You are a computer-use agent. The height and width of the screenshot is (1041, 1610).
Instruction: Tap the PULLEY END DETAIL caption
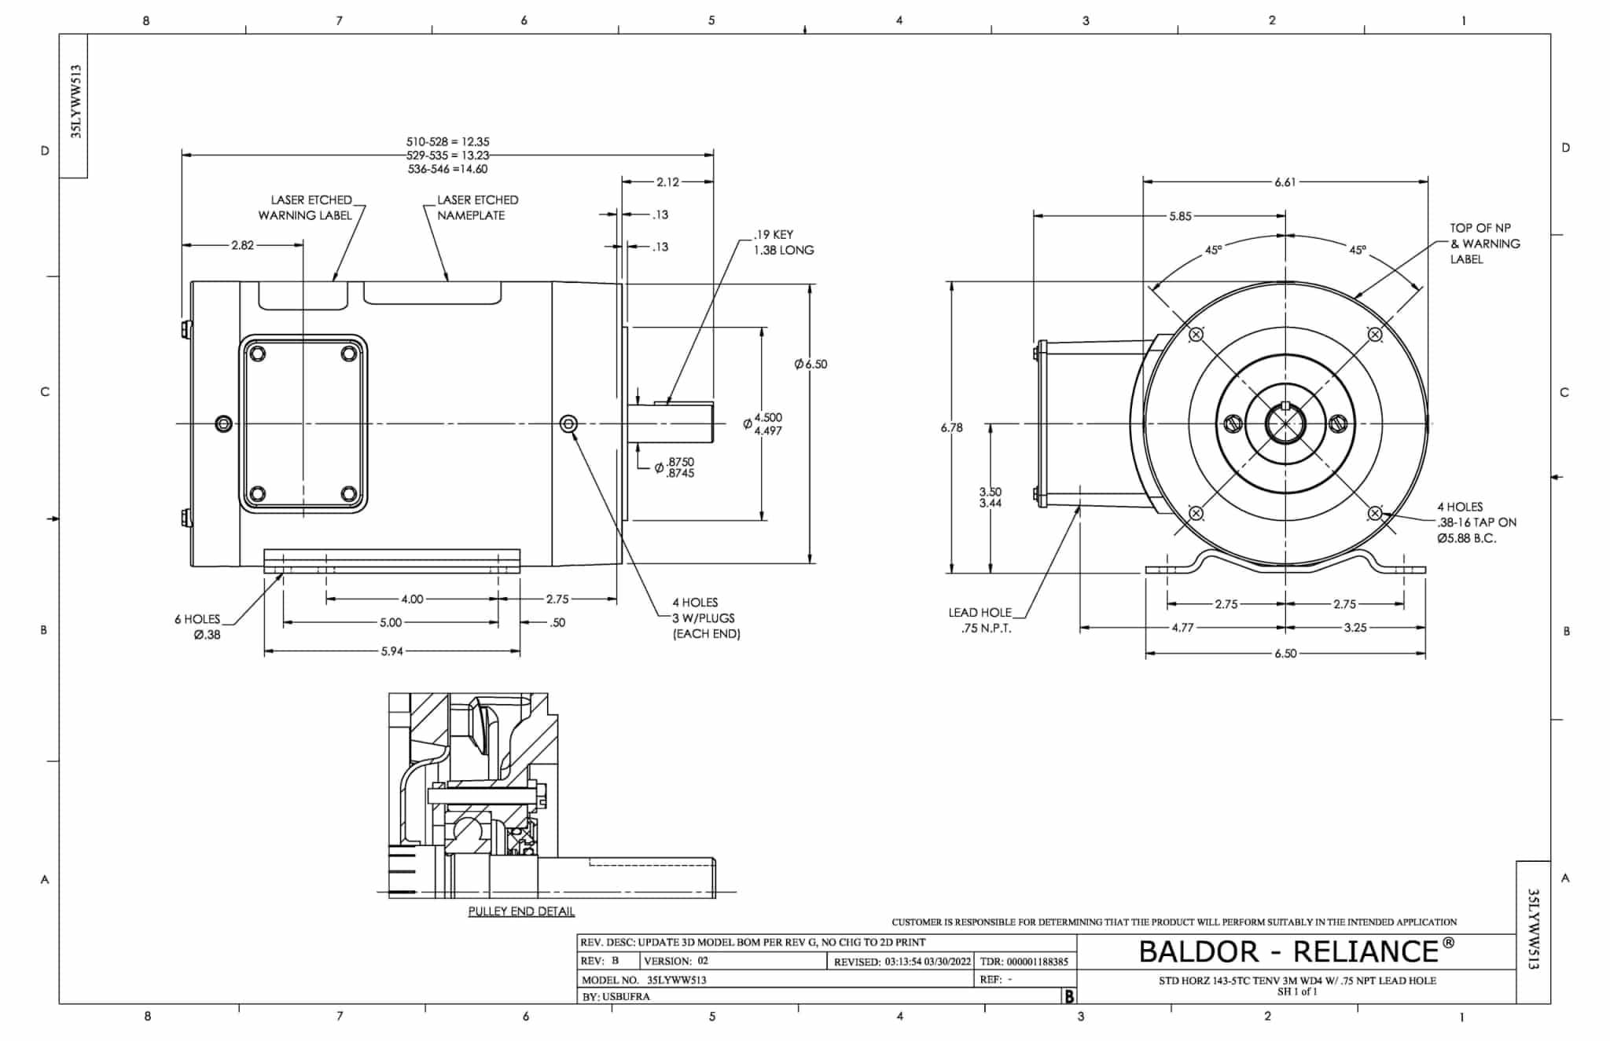521,911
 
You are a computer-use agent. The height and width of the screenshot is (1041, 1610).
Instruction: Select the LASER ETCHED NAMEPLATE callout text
477,207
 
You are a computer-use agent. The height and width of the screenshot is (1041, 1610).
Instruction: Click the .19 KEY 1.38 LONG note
783,242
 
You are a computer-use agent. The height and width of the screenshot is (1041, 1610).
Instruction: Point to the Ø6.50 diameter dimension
811,365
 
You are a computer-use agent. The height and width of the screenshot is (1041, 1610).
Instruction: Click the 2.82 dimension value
242,245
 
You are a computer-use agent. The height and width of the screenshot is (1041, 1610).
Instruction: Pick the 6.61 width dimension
1285,182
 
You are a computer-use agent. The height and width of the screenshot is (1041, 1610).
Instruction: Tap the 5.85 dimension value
1179,216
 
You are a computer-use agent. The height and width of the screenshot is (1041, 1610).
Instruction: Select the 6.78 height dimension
951,428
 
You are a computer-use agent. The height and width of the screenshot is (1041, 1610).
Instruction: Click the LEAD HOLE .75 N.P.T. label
980,620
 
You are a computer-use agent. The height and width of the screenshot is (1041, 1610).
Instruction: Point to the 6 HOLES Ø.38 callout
198,627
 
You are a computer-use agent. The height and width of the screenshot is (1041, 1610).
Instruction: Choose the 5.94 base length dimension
391,651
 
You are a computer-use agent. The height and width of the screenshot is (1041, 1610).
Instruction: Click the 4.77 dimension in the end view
1182,628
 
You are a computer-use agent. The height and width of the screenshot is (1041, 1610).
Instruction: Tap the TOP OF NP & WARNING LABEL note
1484,244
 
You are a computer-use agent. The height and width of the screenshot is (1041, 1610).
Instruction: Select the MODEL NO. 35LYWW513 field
644,980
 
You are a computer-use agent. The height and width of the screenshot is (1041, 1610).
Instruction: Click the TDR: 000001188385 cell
1024,961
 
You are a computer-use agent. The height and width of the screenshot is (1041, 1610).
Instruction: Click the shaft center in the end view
1285,424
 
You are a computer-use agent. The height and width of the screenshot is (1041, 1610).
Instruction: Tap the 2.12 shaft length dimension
667,182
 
